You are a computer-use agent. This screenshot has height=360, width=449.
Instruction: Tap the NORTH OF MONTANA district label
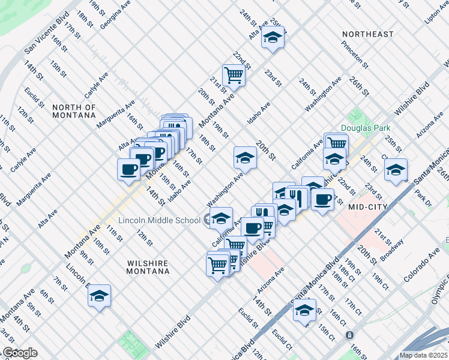click(74, 112)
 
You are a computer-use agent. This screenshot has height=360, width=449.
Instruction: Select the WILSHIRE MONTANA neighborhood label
click(148, 267)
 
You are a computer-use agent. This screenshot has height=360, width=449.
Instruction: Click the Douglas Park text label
click(366, 128)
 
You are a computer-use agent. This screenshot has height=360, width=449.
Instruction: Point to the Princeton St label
click(354, 51)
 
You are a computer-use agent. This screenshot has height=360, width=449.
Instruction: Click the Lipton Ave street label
click(436, 13)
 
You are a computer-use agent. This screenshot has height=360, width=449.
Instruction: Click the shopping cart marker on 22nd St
click(234, 76)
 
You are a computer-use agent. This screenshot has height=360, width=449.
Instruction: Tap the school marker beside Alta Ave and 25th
click(273, 38)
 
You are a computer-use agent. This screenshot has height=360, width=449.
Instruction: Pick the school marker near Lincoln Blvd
click(99, 295)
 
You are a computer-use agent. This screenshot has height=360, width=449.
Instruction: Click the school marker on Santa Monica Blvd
click(305, 310)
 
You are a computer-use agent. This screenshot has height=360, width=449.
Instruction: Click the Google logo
click(20, 353)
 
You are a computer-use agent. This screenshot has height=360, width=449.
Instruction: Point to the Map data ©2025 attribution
click(424, 355)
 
